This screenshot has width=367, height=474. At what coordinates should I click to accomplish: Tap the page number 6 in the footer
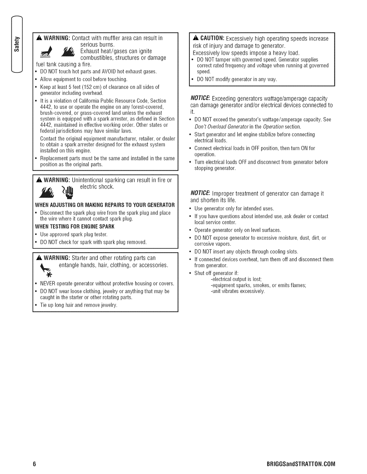coord(34,464)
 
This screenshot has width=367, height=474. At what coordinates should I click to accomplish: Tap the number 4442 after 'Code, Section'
coord(45,107)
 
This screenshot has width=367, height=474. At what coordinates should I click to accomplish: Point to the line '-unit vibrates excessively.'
coord(238,291)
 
